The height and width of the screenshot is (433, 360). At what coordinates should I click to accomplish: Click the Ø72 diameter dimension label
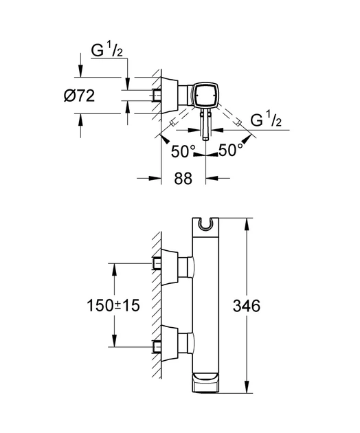79,96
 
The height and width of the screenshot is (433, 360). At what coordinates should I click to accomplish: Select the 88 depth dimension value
183,179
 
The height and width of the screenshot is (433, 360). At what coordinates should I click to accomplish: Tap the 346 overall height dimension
247,306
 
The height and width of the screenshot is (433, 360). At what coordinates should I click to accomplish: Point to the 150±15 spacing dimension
113,306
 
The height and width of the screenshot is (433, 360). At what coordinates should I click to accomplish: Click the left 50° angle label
183,152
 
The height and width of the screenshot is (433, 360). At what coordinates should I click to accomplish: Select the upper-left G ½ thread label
107,50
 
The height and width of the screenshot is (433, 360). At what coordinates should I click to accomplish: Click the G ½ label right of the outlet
266,120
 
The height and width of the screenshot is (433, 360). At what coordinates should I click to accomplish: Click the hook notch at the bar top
205,225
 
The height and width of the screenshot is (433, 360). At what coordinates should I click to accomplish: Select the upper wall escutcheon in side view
170,267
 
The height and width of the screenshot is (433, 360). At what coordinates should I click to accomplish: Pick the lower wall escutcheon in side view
170,344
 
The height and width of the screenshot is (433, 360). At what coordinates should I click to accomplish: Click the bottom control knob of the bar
205,381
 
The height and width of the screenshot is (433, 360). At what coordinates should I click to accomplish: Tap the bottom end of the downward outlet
206,139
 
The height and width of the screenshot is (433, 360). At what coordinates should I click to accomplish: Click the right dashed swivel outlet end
239,123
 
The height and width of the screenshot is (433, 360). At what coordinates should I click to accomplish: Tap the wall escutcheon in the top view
170,95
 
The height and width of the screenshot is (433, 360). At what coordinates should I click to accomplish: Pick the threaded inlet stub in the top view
156,96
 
